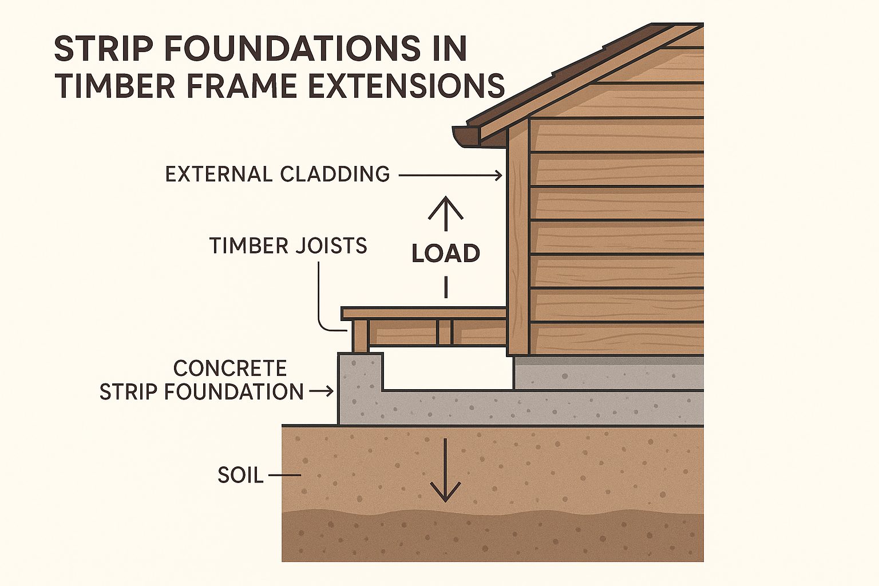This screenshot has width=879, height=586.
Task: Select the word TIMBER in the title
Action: [114, 85]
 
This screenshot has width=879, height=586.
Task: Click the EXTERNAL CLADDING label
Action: [278, 175]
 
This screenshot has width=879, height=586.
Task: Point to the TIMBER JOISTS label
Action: [288, 246]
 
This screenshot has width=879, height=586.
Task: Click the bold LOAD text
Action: [446, 253]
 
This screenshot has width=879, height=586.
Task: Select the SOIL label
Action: [240, 476]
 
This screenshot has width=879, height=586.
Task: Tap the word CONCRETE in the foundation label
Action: [230, 368]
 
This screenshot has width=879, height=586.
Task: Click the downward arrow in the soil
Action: [445, 470]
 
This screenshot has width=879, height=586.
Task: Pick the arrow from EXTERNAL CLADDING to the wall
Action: [450, 175]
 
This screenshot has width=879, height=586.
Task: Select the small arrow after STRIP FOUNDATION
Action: [322, 391]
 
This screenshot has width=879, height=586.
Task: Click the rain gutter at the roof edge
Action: [466, 137]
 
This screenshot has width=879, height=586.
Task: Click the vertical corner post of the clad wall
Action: [518, 237]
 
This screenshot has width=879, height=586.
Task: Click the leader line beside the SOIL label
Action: [284, 476]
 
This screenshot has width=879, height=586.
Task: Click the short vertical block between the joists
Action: [444, 332]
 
